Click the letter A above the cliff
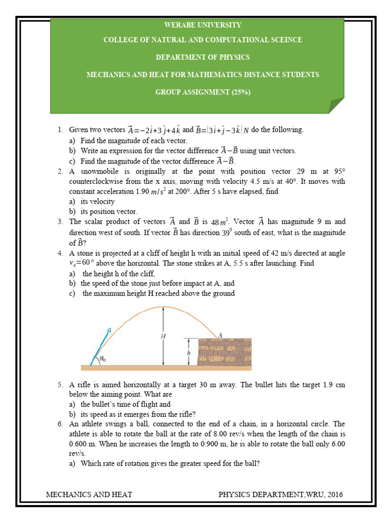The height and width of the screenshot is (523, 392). pos(220,335)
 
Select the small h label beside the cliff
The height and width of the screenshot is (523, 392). pos(188,353)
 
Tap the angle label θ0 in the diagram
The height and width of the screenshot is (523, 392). pos(103,359)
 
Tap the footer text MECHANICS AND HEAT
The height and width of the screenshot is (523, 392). pos(89,494)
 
